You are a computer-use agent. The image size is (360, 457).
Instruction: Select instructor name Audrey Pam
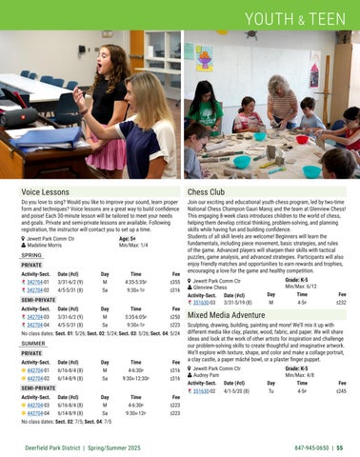click(214, 374)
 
